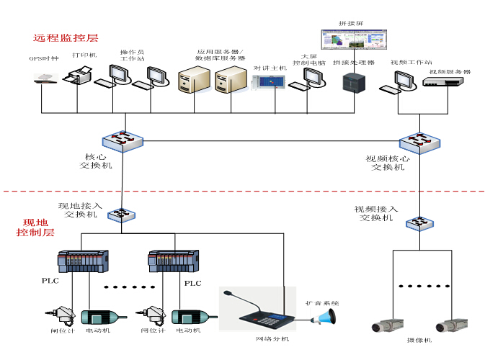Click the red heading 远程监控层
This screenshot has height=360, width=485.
[66, 37]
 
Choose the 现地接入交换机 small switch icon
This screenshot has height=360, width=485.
[123, 215]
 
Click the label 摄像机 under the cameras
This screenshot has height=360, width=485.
[417, 340]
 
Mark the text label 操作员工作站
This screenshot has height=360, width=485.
[132, 57]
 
